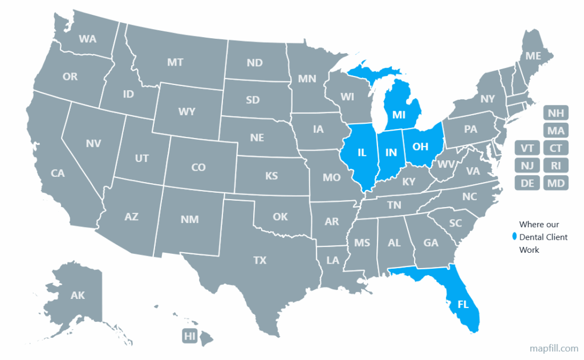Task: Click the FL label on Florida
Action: coord(463,305)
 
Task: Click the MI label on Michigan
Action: coord(399,115)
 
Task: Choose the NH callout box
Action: coord(555,112)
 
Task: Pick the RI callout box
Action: coord(555,165)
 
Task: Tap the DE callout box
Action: coord(527,183)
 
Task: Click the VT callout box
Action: coord(527,148)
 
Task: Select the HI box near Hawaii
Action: coord(190,336)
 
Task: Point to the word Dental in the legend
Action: coord(532,237)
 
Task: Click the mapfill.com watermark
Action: coord(553,347)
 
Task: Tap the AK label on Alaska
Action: coord(78,295)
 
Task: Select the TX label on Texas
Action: coord(260,260)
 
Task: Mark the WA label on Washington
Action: coord(87,39)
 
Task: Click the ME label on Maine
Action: coord(533,56)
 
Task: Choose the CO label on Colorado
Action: coord(198,167)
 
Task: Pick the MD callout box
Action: coord(555,183)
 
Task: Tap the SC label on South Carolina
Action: coord(455,223)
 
